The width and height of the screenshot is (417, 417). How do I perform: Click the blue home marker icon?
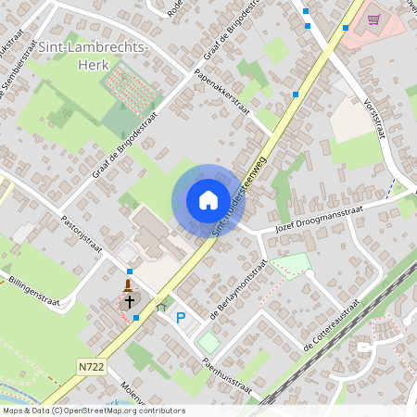208,200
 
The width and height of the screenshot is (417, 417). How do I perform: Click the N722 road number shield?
91,367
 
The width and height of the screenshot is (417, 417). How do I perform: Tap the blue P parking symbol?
181,318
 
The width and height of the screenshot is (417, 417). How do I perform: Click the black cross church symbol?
129,300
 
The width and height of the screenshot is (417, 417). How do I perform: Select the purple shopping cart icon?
373,18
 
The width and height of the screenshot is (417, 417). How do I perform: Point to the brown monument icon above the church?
129,283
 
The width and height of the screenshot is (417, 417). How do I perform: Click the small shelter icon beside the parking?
160,306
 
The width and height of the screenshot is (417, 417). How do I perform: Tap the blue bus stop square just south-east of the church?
136,318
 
